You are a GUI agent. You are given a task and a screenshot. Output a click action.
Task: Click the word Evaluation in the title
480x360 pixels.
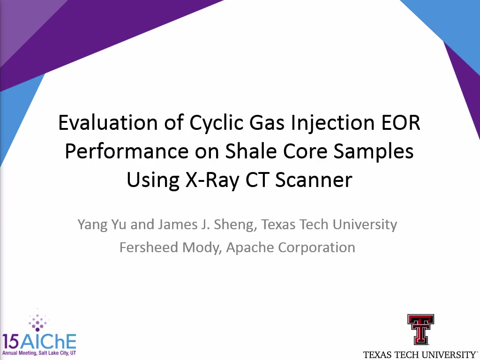[x=108, y=122]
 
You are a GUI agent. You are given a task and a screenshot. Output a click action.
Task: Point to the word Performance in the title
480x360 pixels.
[x=127, y=151]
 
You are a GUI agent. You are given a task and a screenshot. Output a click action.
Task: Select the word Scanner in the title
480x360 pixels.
[x=314, y=180]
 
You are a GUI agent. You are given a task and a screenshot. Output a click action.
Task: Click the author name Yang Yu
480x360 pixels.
[x=102, y=225]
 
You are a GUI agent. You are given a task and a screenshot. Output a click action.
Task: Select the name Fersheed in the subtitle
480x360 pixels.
[x=149, y=247]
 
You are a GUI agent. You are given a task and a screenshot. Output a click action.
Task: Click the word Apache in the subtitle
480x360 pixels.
[x=249, y=248]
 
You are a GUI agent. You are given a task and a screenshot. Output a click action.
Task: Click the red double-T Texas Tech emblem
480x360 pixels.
[x=420, y=330]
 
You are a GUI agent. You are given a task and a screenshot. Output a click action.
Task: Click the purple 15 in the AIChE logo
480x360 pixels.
[x=10, y=342]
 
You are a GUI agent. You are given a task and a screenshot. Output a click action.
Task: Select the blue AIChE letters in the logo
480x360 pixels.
[x=48, y=342]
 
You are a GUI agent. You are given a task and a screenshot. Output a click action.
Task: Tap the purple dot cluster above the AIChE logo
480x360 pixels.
[x=37, y=321]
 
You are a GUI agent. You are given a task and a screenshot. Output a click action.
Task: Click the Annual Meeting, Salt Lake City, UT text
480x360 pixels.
[x=39, y=353]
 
